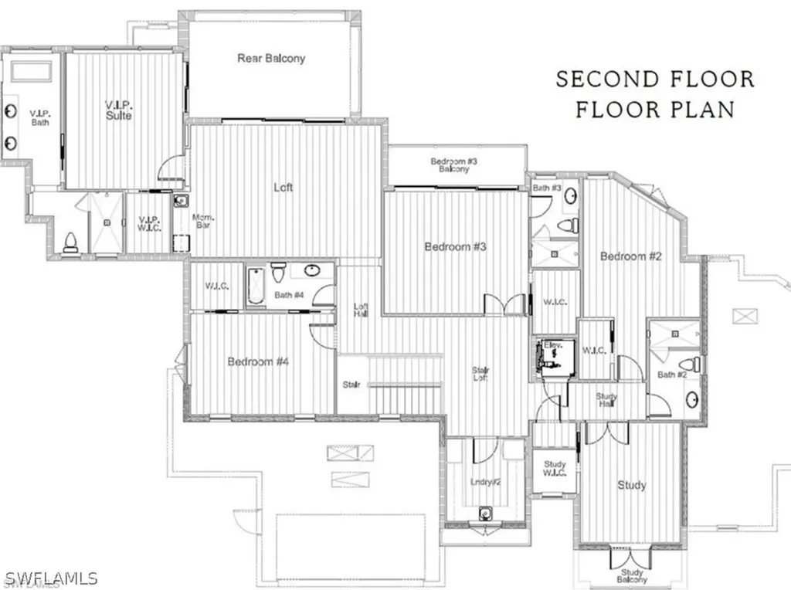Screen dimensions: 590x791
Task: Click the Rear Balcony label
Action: point(271,58)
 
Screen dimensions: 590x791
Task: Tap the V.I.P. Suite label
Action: point(119,110)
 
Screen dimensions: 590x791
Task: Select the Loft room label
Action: point(283,187)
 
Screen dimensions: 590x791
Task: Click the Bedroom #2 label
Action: point(631,256)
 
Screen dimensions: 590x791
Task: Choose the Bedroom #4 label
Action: point(258,361)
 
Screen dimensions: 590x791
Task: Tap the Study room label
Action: point(631,485)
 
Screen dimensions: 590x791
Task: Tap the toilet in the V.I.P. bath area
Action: point(70,244)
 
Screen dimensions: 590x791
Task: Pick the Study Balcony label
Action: point(631,577)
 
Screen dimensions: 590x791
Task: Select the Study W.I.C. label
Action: point(555,469)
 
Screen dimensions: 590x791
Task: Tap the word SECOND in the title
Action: point(607,80)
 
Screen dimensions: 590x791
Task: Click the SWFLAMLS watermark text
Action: point(49,578)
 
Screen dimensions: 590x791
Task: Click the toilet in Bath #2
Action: point(687,365)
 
